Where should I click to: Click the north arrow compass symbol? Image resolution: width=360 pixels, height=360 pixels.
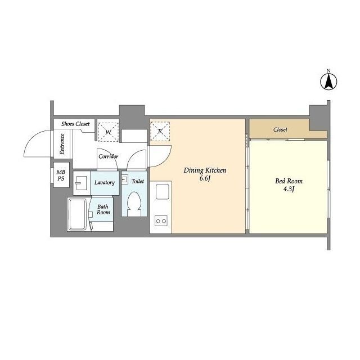328,82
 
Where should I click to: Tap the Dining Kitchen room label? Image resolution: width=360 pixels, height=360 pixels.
205,170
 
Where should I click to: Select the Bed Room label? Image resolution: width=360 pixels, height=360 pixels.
289,181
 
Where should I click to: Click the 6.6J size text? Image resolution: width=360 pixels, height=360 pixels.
205,179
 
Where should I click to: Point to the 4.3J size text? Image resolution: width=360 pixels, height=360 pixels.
289,189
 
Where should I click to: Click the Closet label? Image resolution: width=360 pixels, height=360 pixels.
280,129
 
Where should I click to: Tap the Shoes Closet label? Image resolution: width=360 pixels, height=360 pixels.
75,124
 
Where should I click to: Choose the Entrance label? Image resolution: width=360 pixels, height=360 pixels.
62,144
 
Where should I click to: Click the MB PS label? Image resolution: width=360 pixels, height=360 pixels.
61,175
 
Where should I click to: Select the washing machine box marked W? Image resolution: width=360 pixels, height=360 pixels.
108,132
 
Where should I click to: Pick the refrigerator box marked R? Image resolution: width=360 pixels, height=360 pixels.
160,131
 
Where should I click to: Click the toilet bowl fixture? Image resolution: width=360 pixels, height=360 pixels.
134,204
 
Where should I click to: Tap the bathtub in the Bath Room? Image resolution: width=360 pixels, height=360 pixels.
78,214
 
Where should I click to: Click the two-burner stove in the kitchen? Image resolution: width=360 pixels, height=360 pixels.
161,221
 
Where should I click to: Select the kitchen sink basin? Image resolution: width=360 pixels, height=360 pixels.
163,192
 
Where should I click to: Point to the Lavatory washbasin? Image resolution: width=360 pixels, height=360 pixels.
80,183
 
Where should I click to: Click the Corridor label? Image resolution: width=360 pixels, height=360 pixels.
109,156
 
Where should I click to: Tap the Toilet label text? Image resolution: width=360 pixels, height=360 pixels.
138,181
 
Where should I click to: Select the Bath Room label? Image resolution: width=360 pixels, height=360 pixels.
103,209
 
